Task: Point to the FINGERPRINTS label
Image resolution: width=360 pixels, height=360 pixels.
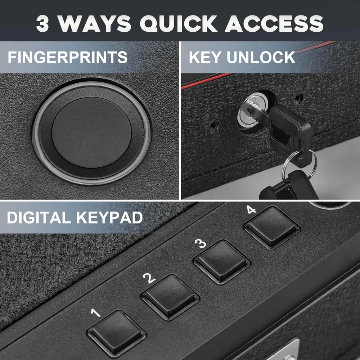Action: click(x=68, y=58)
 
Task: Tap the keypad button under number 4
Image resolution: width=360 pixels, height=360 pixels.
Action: click(x=272, y=227)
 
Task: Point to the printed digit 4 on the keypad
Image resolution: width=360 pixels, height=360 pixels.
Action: click(x=251, y=209)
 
